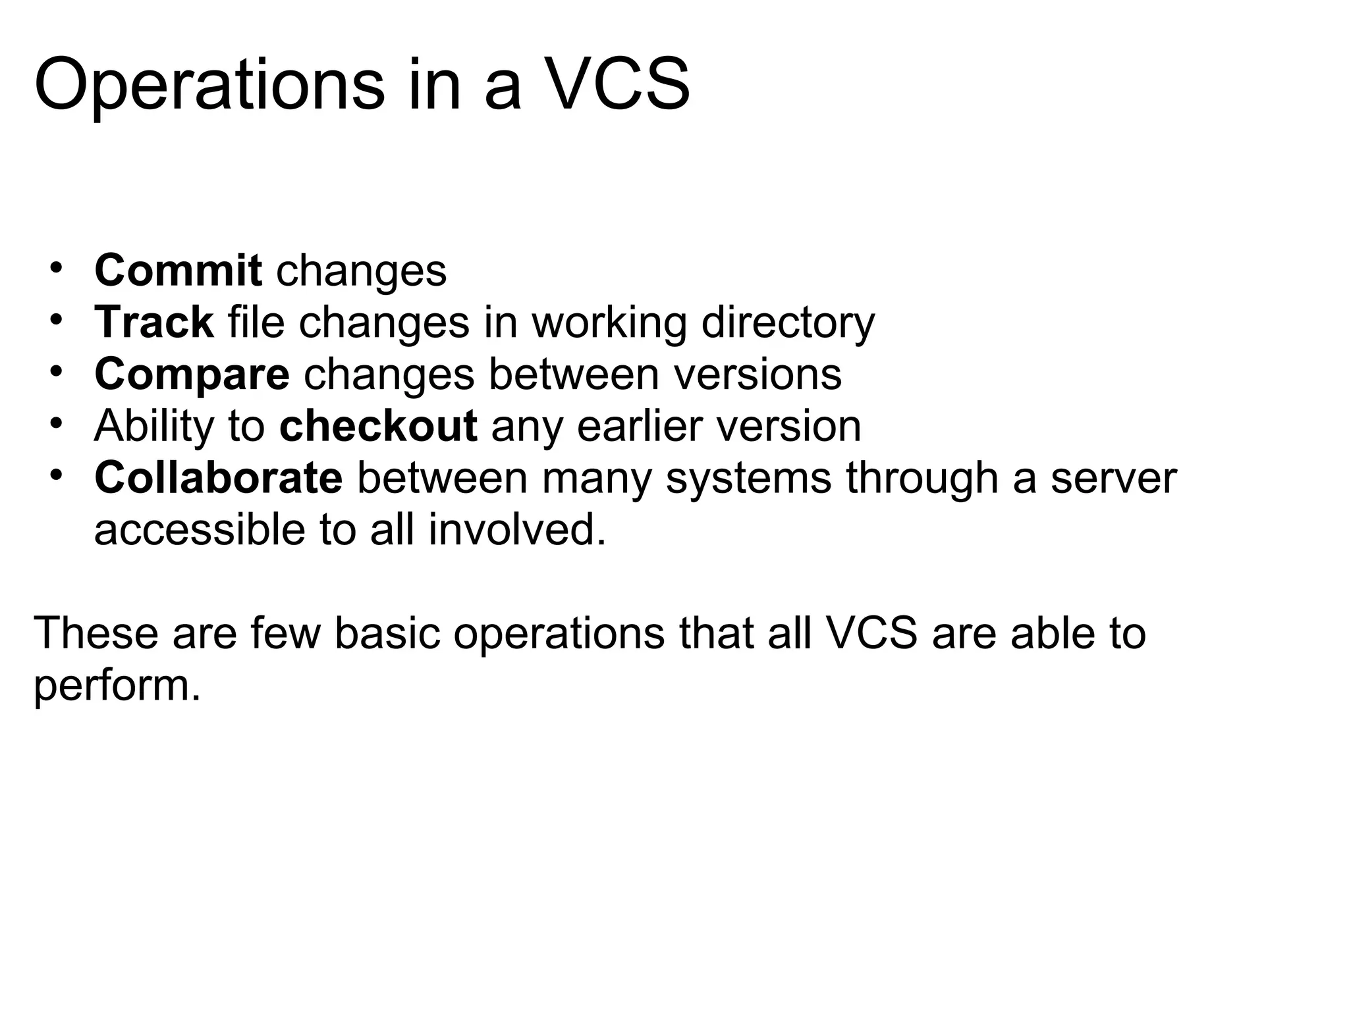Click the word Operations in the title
209,86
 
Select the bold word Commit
179,271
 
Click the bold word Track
154,323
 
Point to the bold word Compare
192,375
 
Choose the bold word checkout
378,426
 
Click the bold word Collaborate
218,478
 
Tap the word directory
788,323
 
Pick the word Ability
154,426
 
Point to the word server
1113,478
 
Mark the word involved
516,530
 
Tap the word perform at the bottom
116,686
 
